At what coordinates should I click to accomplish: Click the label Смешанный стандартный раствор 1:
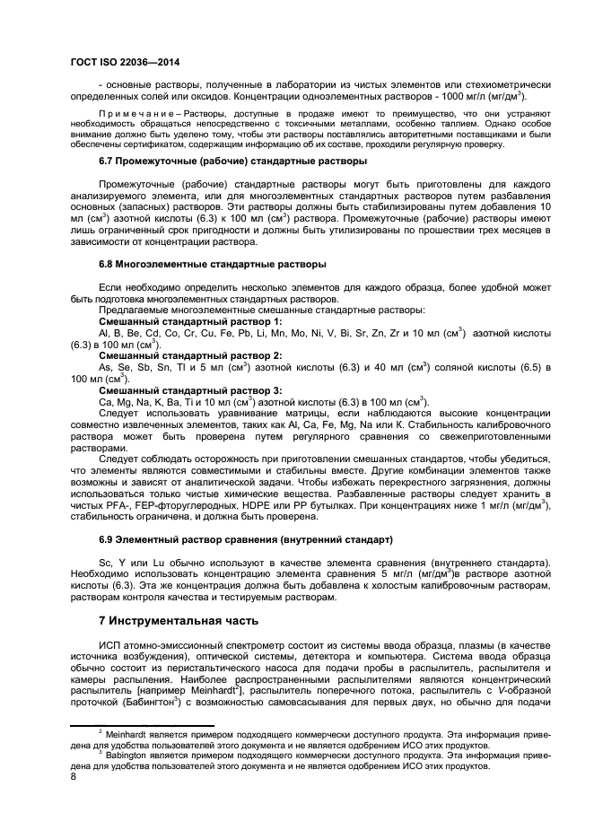coord(190,320)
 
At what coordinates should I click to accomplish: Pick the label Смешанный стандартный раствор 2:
coord(190,356)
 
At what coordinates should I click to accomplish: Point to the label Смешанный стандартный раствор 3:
coord(190,390)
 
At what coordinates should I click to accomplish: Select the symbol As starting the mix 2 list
coord(104,368)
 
